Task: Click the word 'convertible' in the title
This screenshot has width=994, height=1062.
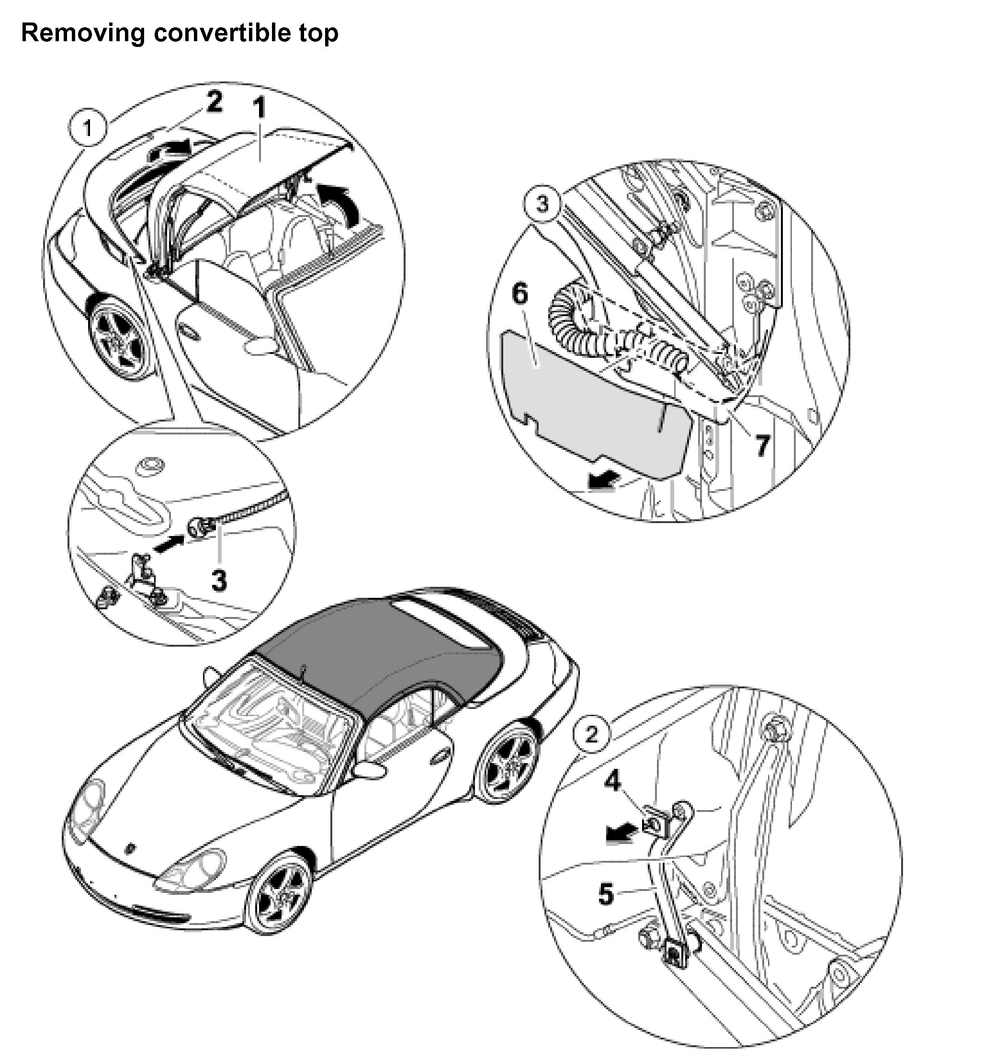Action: point(223,33)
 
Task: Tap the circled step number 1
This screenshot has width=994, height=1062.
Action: point(88,128)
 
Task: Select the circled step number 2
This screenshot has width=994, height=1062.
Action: point(591,735)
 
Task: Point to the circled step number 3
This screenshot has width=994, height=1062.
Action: point(542,204)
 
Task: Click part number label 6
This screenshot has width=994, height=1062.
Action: point(520,294)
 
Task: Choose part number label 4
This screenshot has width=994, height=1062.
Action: point(613,782)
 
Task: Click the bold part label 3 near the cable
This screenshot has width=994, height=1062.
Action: point(219,580)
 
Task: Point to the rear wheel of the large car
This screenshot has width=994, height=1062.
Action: point(508,763)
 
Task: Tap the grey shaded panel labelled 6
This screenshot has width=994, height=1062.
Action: point(587,406)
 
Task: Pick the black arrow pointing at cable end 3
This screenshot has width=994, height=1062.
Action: point(169,545)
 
